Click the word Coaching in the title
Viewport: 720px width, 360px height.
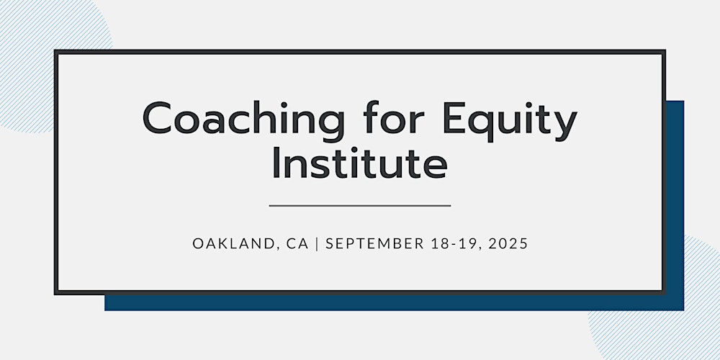click(x=243, y=120)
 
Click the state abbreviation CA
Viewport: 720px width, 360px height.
click(x=297, y=244)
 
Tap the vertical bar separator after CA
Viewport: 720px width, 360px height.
click(x=317, y=244)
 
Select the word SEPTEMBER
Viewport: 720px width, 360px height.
click(x=374, y=244)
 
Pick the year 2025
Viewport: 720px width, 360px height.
click(x=508, y=244)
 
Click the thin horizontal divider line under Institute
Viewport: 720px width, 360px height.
click(x=360, y=206)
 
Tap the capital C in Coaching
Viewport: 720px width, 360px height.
click(x=157, y=118)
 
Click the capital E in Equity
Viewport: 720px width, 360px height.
click(x=454, y=118)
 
